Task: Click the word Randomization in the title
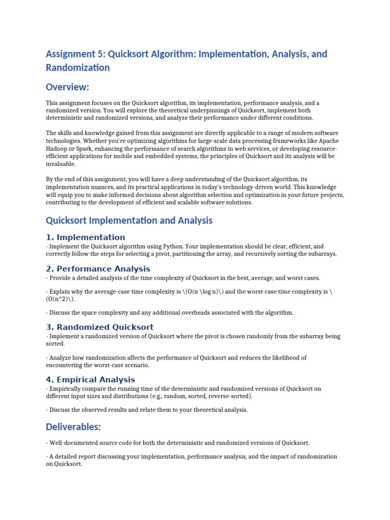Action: tap(78, 68)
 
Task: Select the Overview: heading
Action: tap(68, 87)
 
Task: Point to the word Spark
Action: tap(89, 148)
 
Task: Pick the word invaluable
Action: tap(60, 164)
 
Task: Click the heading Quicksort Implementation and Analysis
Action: tap(129, 220)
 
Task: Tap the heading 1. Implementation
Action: tap(85, 237)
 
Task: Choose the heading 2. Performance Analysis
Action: tap(98, 269)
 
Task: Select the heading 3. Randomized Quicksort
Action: tap(100, 327)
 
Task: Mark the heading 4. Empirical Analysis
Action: tap(90, 379)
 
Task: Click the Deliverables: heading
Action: tap(74, 428)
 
